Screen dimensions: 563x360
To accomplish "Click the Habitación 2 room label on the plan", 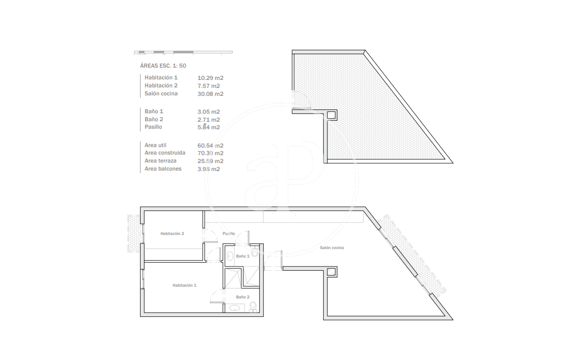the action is point(172,234).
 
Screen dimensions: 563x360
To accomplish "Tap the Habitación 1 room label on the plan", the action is point(184,285).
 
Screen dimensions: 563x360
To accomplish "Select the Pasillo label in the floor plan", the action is point(229,234).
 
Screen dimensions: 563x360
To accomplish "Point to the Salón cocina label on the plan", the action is point(332,248).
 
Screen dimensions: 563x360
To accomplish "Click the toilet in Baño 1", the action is point(255,252).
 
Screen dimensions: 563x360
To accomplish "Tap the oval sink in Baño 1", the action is point(230,256).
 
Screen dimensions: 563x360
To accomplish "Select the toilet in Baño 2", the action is point(253,306).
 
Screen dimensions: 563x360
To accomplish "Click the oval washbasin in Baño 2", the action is point(235,308).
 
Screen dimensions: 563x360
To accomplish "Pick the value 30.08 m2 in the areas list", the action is point(210,94).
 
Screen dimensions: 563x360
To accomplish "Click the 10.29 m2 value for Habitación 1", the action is point(210,78).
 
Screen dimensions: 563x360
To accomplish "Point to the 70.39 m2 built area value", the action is point(210,153).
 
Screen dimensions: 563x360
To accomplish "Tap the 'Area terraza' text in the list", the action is point(160,161).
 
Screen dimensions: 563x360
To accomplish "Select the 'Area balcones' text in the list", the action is point(163,169).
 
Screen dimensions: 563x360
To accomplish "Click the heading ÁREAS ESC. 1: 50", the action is point(163,66).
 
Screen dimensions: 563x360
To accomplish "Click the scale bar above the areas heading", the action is point(183,53).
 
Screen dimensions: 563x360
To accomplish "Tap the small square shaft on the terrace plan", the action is point(331,115).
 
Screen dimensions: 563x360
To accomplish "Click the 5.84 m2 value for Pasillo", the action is point(209,127).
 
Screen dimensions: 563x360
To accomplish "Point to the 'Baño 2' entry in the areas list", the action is point(154,119).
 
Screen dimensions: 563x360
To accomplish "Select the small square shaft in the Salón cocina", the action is point(331,272).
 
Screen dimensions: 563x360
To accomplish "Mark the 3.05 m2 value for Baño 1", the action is point(209,112).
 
